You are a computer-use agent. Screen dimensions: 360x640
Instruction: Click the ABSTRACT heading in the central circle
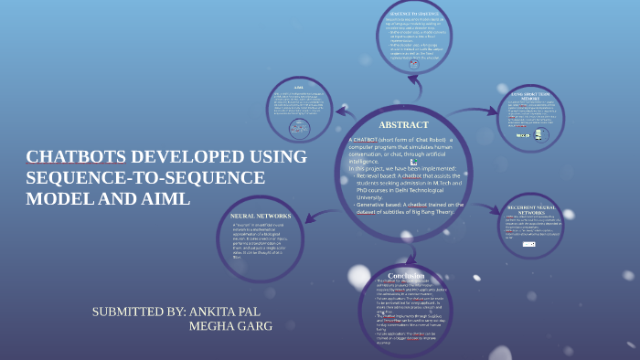click(403, 124)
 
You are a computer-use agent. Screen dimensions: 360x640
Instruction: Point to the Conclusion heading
click(406, 249)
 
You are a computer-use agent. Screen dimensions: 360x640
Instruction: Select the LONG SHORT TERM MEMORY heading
click(532, 94)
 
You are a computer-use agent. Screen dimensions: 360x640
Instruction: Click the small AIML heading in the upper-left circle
click(298, 89)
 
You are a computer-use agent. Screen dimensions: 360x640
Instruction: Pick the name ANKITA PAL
click(229, 312)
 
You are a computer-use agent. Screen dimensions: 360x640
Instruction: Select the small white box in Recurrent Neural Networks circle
click(528, 244)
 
